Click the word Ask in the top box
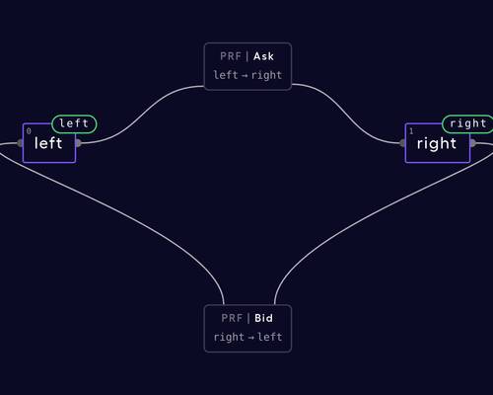click(x=263, y=56)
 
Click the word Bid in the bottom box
click(x=263, y=318)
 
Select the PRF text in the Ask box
click(x=231, y=56)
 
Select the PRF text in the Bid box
click(x=232, y=318)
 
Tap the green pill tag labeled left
click(x=74, y=124)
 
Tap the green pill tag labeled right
click(x=467, y=124)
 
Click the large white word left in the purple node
click(x=48, y=143)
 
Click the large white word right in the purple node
click(x=437, y=144)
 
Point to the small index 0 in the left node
click(x=29, y=131)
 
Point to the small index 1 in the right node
click(x=411, y=131)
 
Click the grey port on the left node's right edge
click(x=78, y=143)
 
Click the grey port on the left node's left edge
click(x=21, y=143)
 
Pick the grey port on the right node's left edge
click(x=402, y=143)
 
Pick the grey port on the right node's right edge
click(x=472, y=143)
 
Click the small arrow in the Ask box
click(x=245, y=76)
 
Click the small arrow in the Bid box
click(x=250, y=338)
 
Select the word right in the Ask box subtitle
click(x=266, y=76)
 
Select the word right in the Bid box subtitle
click(x=229, y=338)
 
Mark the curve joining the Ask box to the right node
click(x=345, y=113)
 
